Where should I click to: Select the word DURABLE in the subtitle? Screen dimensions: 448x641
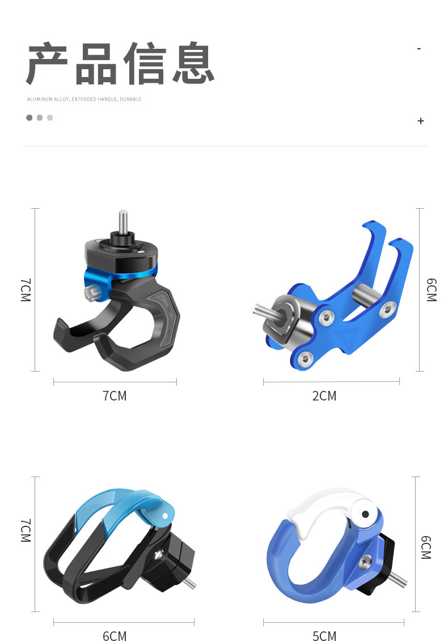pos(130,99)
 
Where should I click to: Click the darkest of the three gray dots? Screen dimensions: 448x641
pos(29,118)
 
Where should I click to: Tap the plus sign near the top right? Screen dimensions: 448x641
pos(421,121)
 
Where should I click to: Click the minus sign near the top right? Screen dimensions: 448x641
pos(419,49)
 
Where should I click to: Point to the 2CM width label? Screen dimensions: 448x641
pos(324,396)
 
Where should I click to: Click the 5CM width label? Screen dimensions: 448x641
pos(324,636)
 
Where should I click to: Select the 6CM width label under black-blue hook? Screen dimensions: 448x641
pos(115,636)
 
